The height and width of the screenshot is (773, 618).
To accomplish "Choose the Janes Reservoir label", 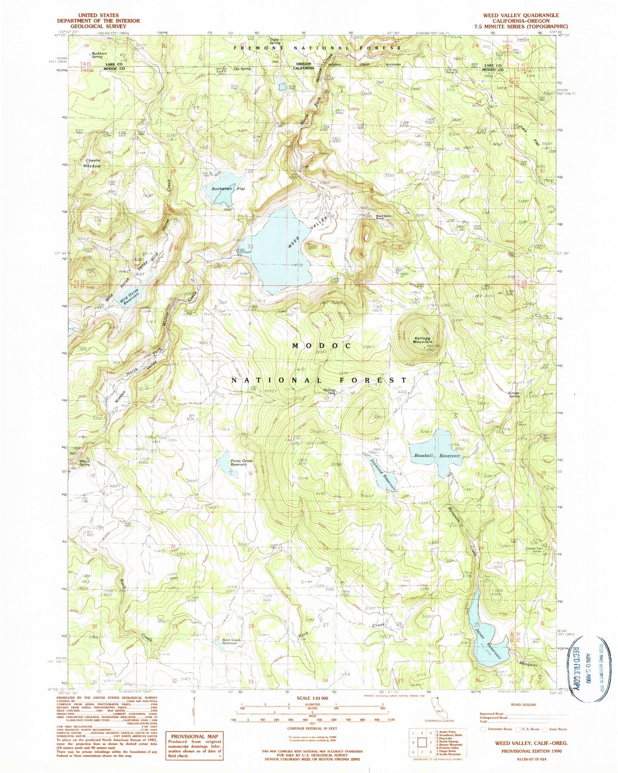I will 489,641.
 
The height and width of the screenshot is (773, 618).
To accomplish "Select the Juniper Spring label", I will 512,395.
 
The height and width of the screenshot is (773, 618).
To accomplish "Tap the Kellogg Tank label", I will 330,391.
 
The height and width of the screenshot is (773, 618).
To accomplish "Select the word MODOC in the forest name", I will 322,345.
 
